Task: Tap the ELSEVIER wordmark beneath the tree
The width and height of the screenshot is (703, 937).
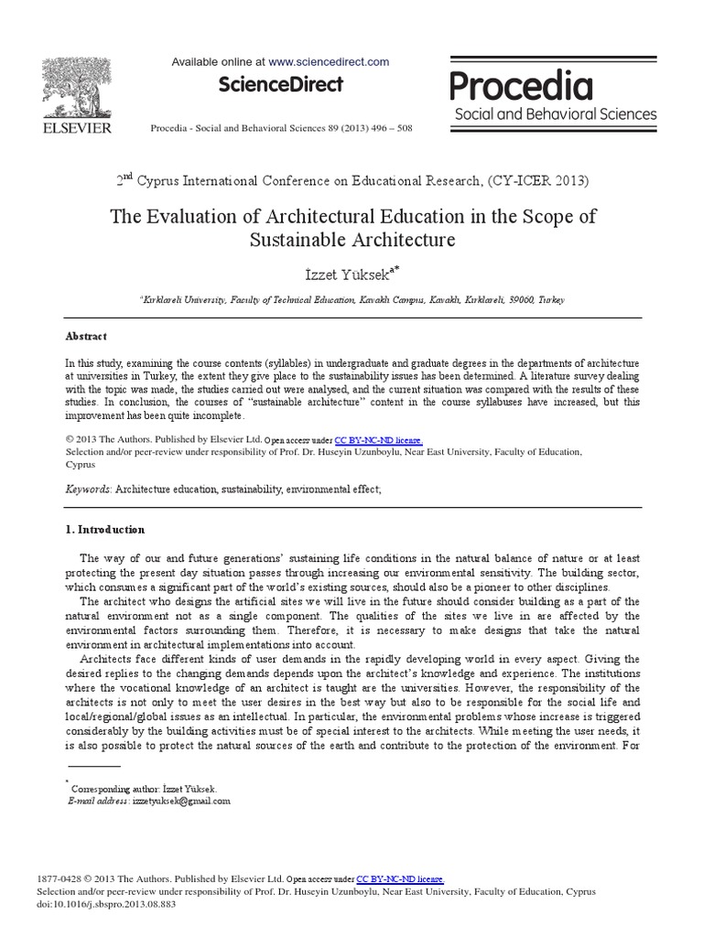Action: [x=78, y=127]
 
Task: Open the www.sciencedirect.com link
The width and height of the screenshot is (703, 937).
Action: [x=330, y=62]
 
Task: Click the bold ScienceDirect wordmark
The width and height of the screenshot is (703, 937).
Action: [x=280, y=85]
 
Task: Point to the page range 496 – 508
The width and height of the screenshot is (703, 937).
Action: [x=387, y=128]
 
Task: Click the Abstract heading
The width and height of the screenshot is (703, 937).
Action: [x=86, y=336]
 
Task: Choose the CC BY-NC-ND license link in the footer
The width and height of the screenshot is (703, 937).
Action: [x=400, y=878]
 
